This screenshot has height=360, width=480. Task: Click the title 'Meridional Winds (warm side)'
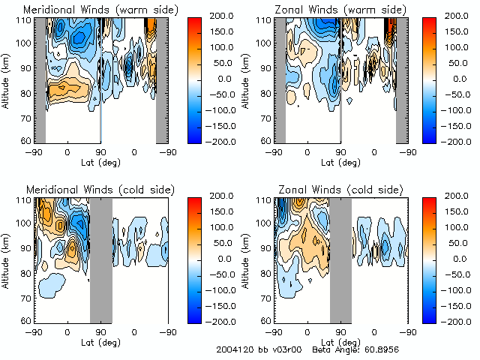point(91,10)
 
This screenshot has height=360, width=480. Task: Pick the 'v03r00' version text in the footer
point(285,350)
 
